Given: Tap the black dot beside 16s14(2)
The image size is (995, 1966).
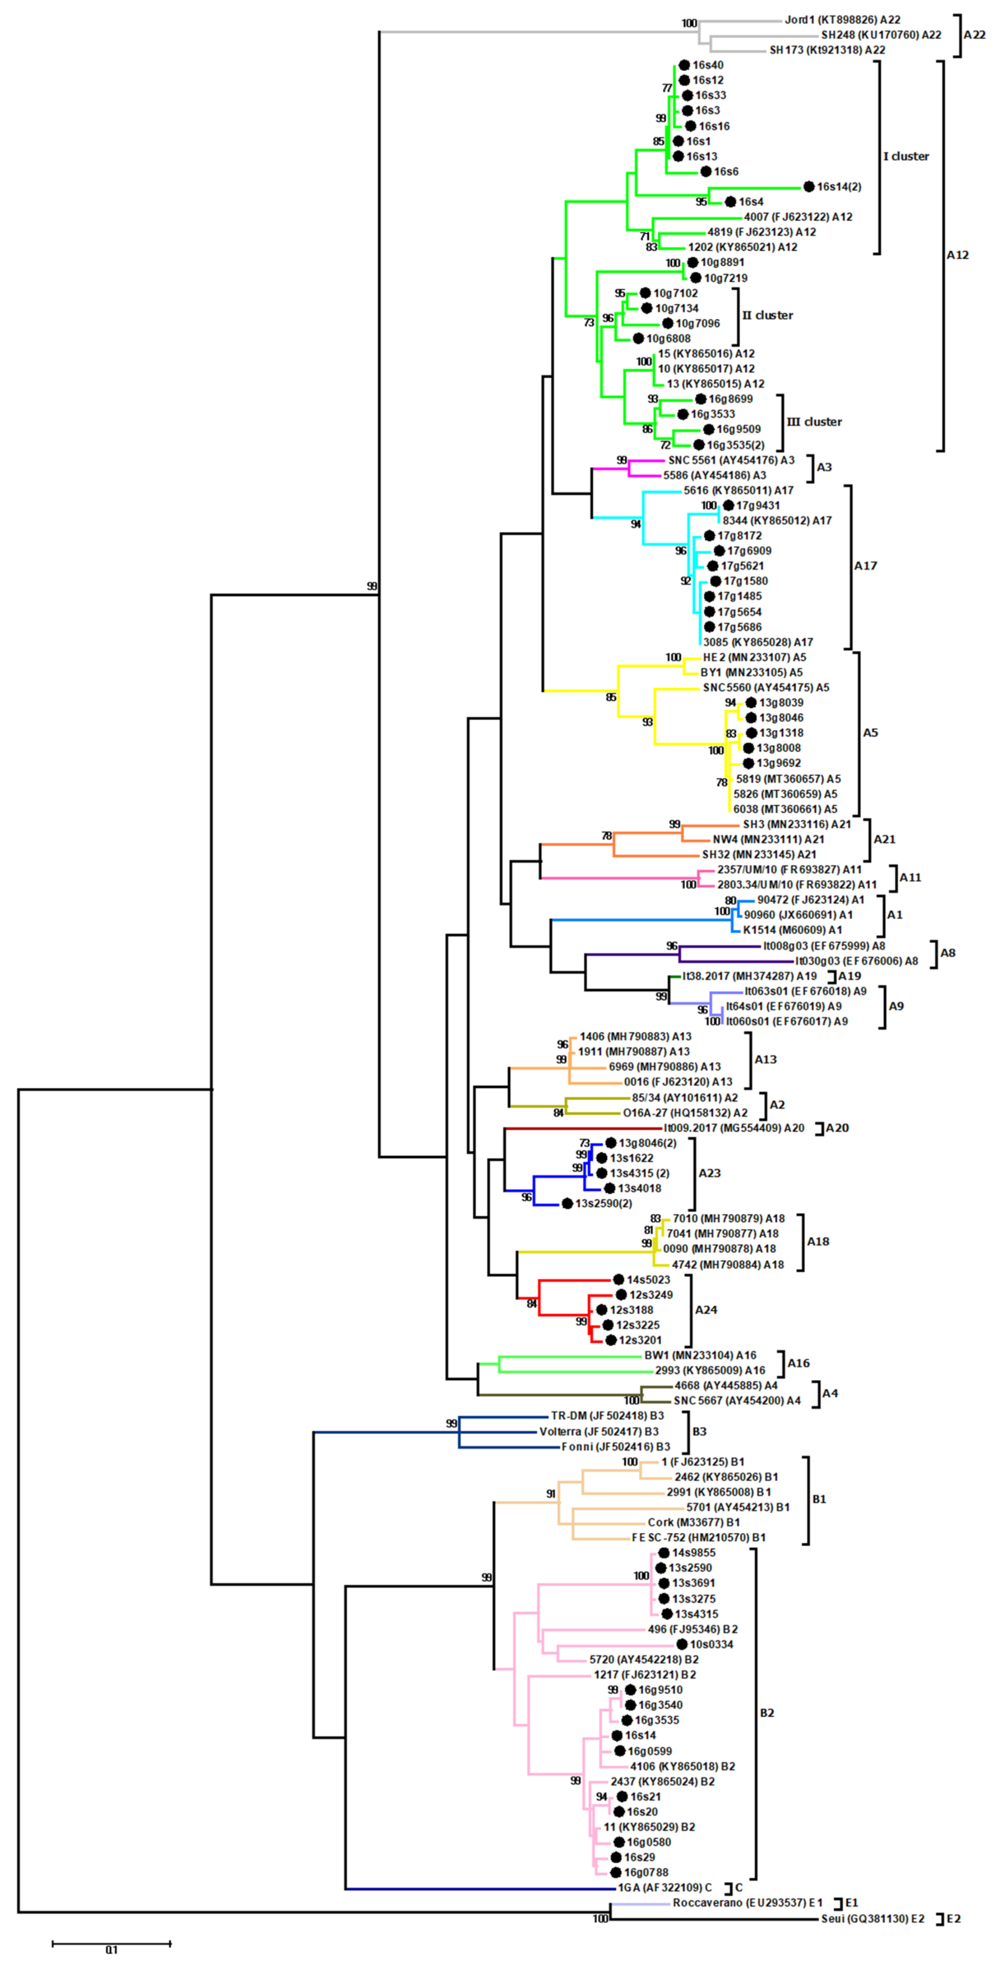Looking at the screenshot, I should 809,186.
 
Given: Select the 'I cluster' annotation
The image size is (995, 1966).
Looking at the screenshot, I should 906,157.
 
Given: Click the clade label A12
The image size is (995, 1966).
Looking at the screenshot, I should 958,255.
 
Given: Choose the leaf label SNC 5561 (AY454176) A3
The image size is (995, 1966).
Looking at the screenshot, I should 731,460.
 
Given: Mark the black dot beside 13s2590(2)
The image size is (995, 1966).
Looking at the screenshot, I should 567,1203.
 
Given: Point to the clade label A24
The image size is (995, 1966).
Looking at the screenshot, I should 706,1310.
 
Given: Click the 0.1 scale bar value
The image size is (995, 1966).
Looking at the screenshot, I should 112,1949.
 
